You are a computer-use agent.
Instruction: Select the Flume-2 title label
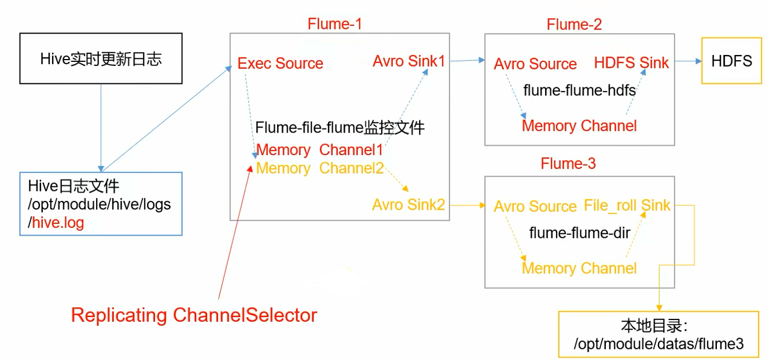coord(574,24)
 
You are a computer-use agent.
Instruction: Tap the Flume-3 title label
coord(568,164)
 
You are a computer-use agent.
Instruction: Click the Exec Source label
coord(281,63)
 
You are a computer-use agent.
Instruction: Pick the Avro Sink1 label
coord(409,61)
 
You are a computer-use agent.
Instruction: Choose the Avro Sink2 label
coord(409,204)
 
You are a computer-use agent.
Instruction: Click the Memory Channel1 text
coord(319,150)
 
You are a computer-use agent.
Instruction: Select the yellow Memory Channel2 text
coord(319,168)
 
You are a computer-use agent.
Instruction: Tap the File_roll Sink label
coord(627,205)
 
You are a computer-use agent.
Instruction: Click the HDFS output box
coord(731,61)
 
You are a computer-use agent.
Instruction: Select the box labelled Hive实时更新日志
coord(101,58)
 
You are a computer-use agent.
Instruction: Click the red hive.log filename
coord(58,223)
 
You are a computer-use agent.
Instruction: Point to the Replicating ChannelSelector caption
coord(194,315)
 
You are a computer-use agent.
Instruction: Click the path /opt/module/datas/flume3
coord(658,344)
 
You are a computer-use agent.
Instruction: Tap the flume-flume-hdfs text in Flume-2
coord(579,90)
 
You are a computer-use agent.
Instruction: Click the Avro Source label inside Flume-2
coord(535,64)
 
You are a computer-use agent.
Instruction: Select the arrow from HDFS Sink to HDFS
coord(685,61)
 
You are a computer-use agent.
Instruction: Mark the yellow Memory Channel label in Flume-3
coord(579,268)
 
